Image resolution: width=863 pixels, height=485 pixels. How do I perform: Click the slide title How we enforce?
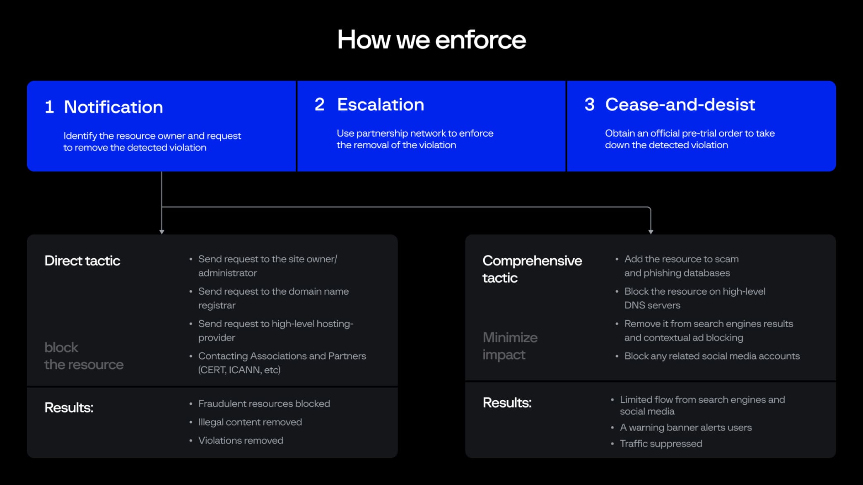(x=431, y=40)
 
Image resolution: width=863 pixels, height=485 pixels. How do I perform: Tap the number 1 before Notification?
(x=49, y=107)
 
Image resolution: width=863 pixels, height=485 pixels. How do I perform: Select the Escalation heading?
(x=380, y=105)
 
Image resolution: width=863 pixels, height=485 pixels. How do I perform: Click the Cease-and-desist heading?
(x=680, y=105)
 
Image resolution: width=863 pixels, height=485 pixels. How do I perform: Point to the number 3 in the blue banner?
(x=589, y=105)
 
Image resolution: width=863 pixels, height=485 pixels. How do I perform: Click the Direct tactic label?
(x=82, y=261)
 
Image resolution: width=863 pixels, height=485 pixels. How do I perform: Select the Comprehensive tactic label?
(x=532, y=269)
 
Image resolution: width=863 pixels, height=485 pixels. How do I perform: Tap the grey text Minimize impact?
(x=510, y=346)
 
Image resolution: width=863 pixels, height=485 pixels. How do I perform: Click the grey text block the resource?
(x=84, y=356)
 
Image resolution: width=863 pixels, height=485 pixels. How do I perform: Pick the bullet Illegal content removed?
(x=250, y=422)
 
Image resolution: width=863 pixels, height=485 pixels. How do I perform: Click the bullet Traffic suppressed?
(x=661, y=444)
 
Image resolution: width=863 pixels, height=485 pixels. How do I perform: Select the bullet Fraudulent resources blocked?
(x=264, y=403)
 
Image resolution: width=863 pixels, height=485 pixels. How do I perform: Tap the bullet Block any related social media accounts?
(x=711, y=356)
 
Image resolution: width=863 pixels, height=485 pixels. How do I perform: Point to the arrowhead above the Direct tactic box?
(x=162, y=232)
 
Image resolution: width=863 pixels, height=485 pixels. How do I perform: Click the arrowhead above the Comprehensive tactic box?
(x=651, y=232)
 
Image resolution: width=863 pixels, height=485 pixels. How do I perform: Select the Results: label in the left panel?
(x=69, y=408)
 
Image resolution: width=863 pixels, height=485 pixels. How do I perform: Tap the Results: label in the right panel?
(x=507, y=403)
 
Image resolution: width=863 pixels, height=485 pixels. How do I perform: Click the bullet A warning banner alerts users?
(x=685, y=427)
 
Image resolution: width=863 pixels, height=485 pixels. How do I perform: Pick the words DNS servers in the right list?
(x=652, y=305)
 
